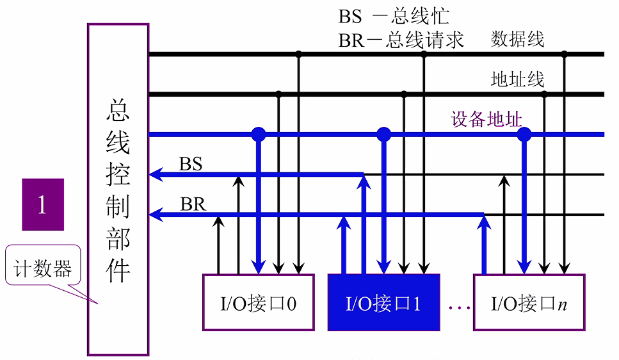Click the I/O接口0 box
[258, 302]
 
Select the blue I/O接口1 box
[383, 302]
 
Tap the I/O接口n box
[529, 302]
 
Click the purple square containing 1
[43, 204]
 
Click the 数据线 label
[517, 40]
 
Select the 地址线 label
[517, 79]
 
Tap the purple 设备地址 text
[486, 120]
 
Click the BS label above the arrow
[191, 164]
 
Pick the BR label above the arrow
[192, 204]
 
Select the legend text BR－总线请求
[401, 40]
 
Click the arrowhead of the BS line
[154, 174]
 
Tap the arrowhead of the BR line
[154, 214]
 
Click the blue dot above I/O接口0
[258, 134]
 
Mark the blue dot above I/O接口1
[383, 134]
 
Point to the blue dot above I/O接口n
[524, 134]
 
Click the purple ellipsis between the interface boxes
[459, 307]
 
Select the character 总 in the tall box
[118, 110]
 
